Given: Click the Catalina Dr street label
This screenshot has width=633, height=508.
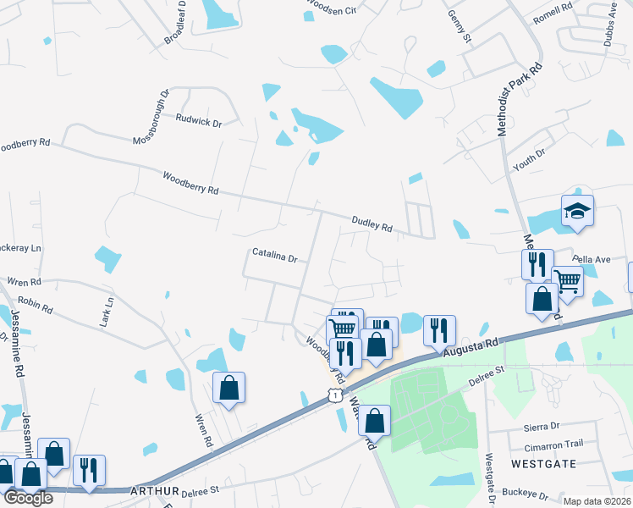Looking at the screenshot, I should pos(275,256).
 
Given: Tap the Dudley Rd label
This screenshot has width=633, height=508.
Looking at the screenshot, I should pos(372,224).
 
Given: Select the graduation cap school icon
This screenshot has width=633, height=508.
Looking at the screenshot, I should pos(577,210).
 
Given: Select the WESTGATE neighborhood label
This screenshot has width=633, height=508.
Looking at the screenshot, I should pos(543,464).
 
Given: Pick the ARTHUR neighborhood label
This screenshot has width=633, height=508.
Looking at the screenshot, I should pos(154,491).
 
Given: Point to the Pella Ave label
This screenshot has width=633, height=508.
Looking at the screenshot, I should pos(591,259).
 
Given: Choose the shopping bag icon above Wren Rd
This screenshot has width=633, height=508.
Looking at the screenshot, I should pos(228,388).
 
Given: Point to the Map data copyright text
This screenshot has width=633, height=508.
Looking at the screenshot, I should pos(597,501).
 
